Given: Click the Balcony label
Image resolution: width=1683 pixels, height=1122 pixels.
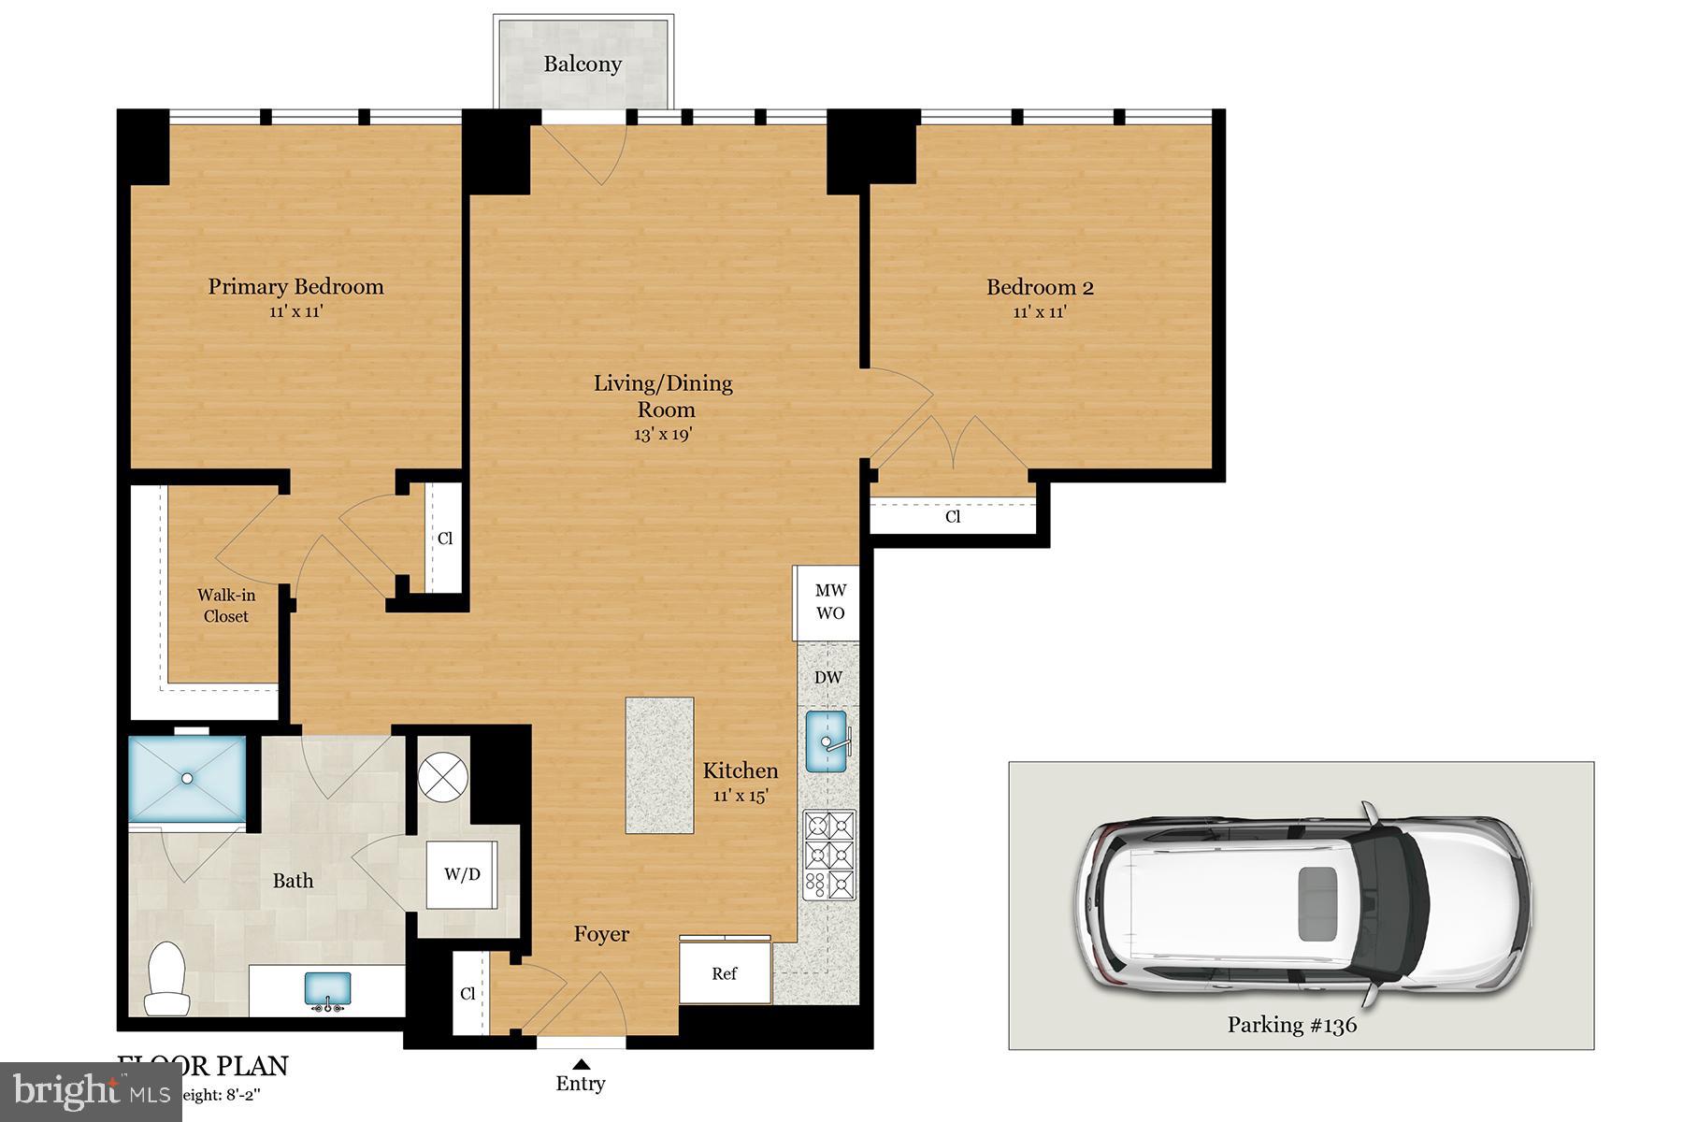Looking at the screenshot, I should [583, 65].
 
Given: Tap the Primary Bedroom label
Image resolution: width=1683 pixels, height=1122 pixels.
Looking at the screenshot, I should [295, 287].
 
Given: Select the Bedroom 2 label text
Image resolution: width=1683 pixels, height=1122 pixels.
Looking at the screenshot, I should [1040, 288].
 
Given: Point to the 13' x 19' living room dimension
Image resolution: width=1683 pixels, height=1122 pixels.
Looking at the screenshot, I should [663, 435].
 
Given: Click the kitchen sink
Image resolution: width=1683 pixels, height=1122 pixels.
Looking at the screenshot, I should [826, 741].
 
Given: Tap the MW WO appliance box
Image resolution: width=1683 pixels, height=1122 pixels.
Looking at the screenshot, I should [829, 602].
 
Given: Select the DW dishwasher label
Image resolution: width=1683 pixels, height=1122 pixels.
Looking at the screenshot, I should [827, 678].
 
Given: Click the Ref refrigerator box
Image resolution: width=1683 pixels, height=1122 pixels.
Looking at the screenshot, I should [725, 973].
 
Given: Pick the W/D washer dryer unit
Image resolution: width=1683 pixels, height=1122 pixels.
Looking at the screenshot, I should [462, 874].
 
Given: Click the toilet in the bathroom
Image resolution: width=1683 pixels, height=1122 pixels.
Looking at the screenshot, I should [167, 979].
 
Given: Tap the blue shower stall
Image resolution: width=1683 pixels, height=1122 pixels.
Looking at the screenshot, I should [187, 778].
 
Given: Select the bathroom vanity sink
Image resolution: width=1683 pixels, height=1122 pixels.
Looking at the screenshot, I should [327, 989].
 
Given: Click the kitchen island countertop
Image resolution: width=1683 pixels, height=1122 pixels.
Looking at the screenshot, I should [659, 765].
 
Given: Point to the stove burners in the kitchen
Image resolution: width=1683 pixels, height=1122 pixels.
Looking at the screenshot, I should [829, 855].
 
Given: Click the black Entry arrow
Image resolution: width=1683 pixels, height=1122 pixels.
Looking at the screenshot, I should [581, 1063].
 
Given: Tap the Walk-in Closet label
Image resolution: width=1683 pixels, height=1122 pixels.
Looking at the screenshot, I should [226, 606].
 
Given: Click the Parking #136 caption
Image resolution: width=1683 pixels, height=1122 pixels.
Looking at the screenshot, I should [1291, 1025].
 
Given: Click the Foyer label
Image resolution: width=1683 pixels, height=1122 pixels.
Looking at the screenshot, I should [601, 934].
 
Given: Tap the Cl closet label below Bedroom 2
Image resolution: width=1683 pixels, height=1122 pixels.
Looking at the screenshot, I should [952, 517].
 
